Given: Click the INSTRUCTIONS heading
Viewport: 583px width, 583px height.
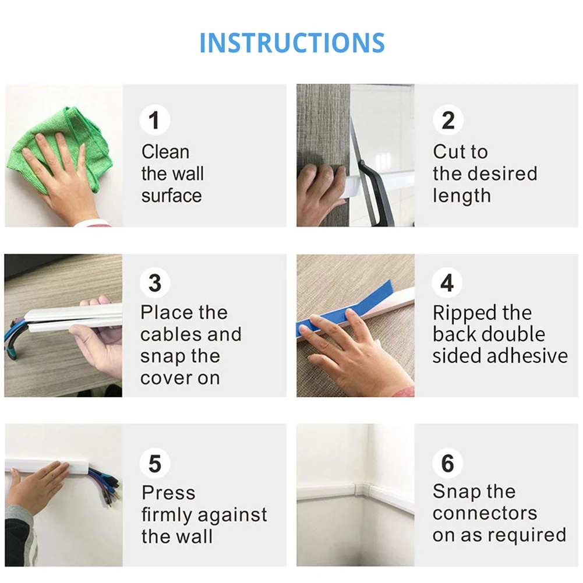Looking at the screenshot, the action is (292, 43).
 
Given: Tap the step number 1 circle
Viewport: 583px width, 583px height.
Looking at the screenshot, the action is (155, 120).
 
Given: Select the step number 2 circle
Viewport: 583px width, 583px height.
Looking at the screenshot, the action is (448, 120).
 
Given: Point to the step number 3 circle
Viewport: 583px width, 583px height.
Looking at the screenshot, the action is (155, 282).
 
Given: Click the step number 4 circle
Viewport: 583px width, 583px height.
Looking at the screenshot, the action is (447, 282).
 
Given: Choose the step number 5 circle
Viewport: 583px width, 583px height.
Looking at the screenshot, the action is (155, 463).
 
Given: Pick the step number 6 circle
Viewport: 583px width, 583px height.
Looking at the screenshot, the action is (448, 463).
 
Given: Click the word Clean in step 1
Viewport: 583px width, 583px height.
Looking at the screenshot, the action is (165, 152).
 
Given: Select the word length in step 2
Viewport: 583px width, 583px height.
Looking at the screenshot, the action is (462, 196).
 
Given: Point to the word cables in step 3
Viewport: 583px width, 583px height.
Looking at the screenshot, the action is (171, 334).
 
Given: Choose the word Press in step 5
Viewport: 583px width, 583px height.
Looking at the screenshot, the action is (168, 493).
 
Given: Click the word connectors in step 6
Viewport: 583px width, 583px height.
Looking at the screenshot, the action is (485, 514).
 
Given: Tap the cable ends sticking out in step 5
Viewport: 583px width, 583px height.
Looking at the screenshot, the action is (105, 484).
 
